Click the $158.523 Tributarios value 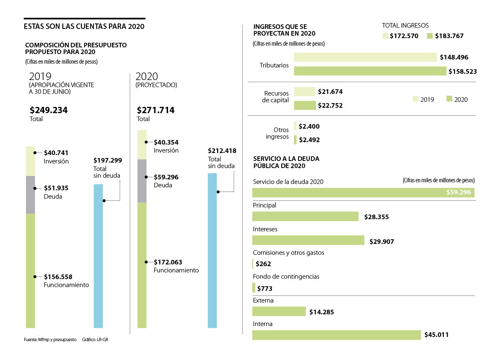coord(462,72)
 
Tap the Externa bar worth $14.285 coord(279,311)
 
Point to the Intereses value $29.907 coord(381,242)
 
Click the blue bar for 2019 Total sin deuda coord(98,256)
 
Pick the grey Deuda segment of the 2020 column coord(142,181)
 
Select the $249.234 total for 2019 coord(49,111)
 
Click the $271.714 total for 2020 coord(156,111)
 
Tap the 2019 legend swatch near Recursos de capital coord(415,99)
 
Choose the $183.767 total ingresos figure coord(449,36)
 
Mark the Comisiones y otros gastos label coord(288,253)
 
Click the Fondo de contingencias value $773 coord(264,288)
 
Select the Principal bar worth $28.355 coord(305,216)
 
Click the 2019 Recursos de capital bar coord(304,91)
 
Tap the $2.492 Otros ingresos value coord(309,140)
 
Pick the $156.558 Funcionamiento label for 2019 coord(58,277)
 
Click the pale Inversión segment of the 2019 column coord(30,161)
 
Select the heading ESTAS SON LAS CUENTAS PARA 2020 coord(84,26)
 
